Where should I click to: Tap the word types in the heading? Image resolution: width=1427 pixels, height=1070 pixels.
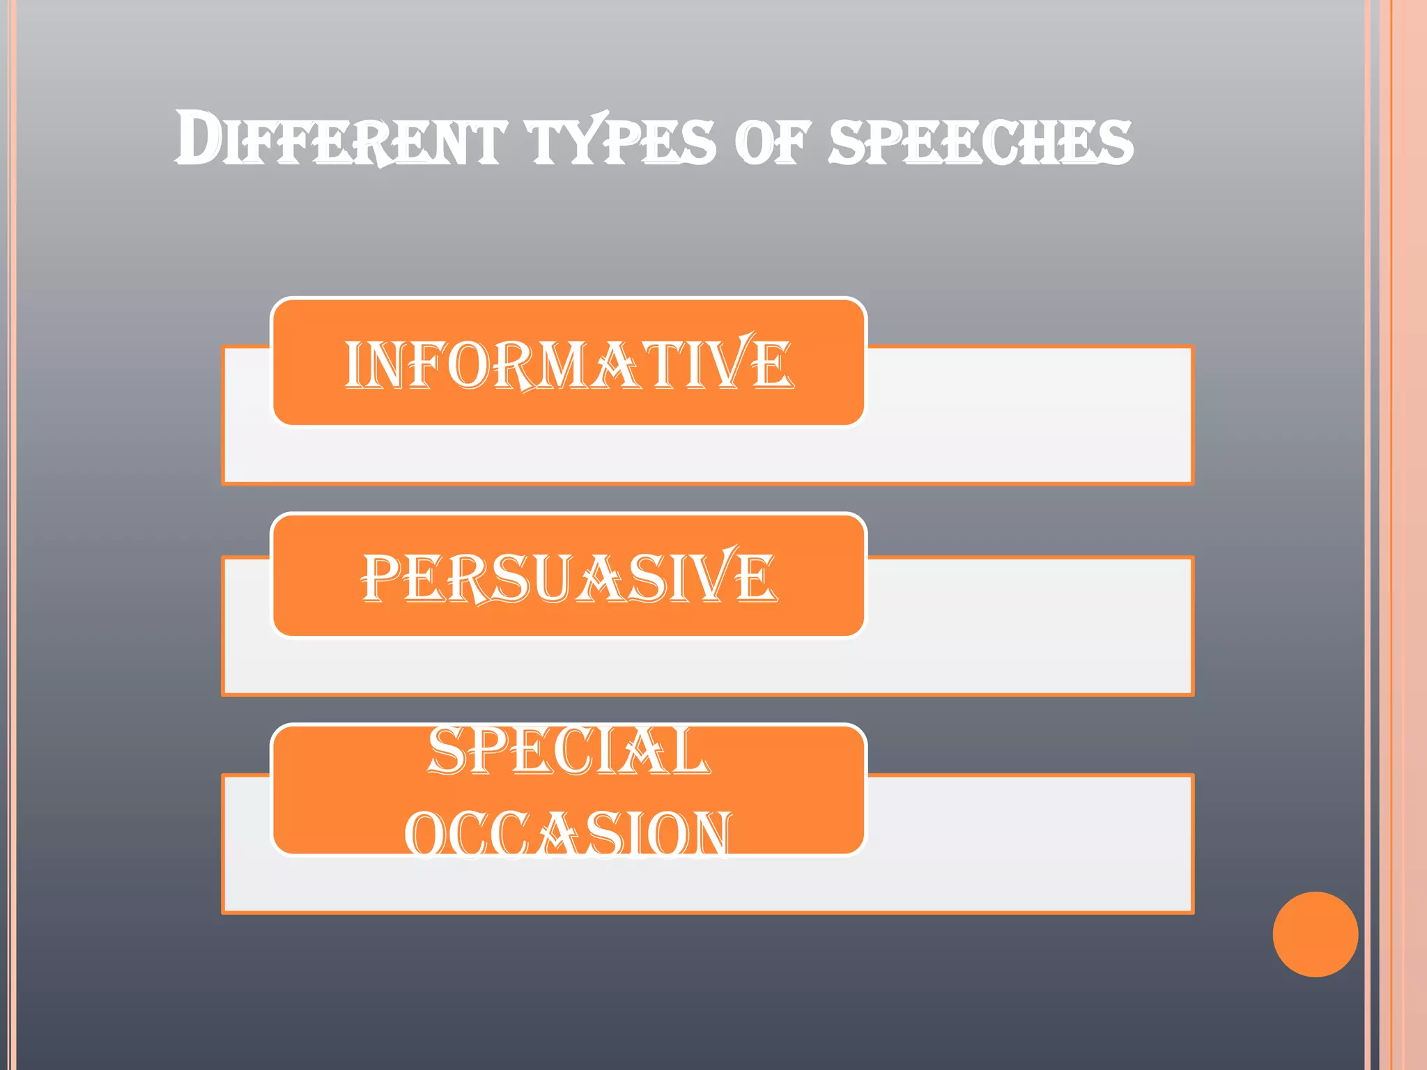(622, 141)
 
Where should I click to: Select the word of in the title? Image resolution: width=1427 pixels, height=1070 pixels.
(772, 141)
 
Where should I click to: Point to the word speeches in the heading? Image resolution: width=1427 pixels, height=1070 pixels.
(981, 141)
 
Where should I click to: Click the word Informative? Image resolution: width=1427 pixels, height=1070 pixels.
(568, 363)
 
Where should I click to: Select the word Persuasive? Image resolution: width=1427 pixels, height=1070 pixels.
(568, 577)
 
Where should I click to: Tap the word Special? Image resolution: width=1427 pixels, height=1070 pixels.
(568, 751)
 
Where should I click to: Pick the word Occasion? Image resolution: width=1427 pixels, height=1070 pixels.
(568, 833)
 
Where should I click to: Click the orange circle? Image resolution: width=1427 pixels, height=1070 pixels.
(1315, 934)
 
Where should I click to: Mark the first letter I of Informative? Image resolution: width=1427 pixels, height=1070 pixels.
(355, 364)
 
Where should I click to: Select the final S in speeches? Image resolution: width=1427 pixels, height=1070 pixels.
(1113, 143)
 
